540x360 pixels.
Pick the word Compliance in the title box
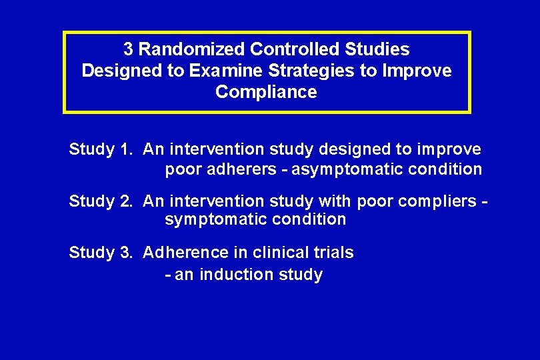266,92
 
